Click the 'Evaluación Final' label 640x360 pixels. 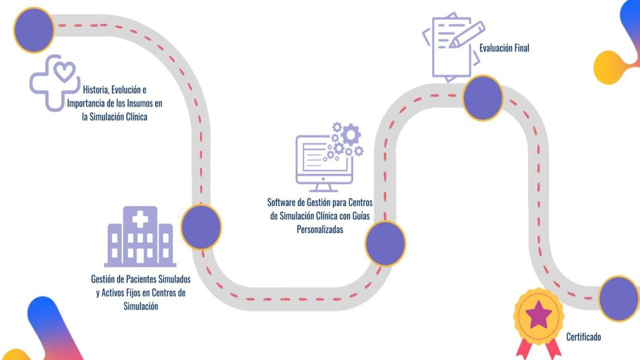click(x=504, y=48)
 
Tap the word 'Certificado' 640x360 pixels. click(x=583, y=337)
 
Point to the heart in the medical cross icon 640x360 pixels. click(x=64, y=71)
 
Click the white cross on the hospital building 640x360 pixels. click(x=140, y=218)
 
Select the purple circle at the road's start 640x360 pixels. click(x=33, y=30)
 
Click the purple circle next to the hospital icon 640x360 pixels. click(x=200, y=227)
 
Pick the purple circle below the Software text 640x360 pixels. click(x=385, y=243)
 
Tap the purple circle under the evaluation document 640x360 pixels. click(x=482, y=97)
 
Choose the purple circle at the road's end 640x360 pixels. click(x=618, y=298)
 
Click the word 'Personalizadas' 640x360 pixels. click(x=320, y=230)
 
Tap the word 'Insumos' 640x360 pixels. click(x=148, y=104)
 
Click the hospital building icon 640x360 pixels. click(x=140, y=237)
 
